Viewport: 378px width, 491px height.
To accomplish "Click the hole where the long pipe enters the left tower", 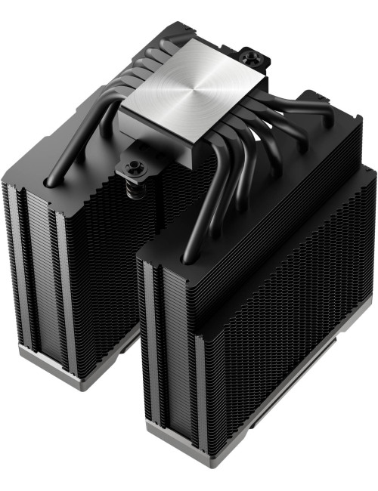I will [50, 181].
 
